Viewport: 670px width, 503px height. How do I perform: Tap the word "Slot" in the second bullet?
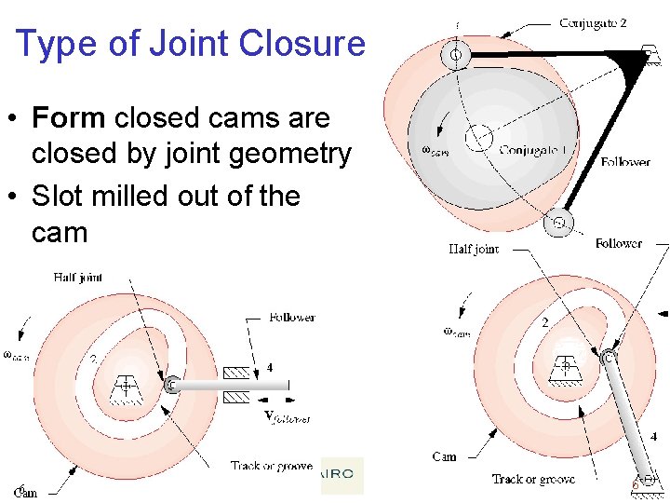coord(56,197)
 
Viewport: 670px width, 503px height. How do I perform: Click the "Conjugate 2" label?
coord(593,23)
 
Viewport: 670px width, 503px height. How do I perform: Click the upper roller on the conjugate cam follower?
coord(456,56)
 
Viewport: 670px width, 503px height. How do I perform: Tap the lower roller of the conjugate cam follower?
coord(558,224)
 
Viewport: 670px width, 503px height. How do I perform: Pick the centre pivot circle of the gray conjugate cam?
coord(480,138)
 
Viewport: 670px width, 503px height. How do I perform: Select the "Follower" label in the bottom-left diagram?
coord(291,318)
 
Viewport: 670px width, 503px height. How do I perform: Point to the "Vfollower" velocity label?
coord(287,416)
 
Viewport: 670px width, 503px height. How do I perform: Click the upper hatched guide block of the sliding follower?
coord(236,372)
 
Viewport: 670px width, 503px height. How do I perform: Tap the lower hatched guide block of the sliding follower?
coord(236,398)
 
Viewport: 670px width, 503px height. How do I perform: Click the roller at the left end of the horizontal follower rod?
coord(171,384)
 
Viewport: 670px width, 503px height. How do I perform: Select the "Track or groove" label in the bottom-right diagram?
coord(533,479)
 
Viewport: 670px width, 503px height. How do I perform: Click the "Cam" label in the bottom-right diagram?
coord(444,456)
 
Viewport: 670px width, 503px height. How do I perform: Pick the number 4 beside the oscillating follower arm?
coord(653,436)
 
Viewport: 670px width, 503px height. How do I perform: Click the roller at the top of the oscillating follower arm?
coord(609,357)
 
